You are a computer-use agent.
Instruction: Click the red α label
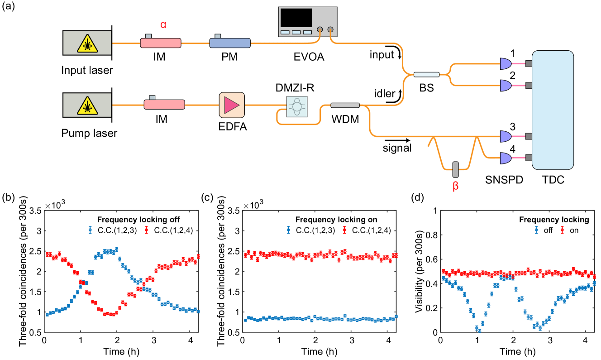163,25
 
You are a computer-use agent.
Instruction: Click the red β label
455,186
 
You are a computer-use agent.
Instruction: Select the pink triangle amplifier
231,105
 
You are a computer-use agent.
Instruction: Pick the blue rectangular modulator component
230,43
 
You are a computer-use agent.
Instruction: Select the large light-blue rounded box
553,110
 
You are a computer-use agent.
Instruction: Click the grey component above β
455,170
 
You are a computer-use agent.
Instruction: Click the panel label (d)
417,198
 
